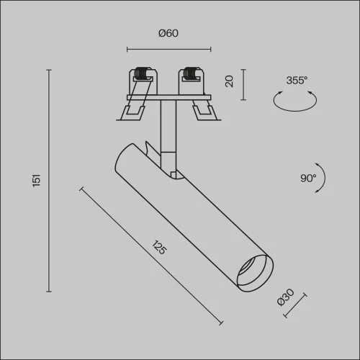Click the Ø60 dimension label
tap(168, 33)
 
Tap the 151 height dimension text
tap(37, 181)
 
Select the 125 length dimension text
tap(159, 247)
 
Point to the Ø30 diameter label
tap(286, 297)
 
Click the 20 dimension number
tap(230, 81)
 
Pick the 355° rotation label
tap(297, 81)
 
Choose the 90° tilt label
tap(308, 178)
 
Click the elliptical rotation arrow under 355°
tap(295, 110)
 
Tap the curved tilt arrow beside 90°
tap(325, 178)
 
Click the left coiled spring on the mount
tap(140, 72)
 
